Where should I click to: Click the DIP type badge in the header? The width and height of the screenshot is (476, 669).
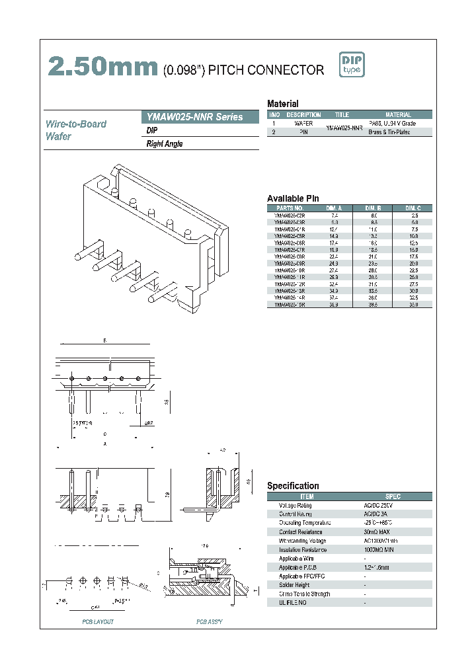(x=352, y=65)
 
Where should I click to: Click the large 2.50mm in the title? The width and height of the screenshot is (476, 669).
(x=103, y=67)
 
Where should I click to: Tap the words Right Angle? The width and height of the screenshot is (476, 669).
(x=164, y=144)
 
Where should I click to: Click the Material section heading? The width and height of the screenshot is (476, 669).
(x=282, y=104)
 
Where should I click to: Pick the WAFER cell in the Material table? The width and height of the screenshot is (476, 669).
(x=303, y=124)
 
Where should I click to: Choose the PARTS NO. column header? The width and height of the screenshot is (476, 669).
(x=289, y=208)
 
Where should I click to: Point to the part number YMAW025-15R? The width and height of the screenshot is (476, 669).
(x=289, y=305)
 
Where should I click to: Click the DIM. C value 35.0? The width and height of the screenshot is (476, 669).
(x=414, y=305)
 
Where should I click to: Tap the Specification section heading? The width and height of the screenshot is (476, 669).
(x=293, y=486)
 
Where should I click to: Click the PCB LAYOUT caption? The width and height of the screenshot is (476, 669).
(x=98, y=622)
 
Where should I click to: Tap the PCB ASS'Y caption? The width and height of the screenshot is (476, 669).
(x=210, y=622)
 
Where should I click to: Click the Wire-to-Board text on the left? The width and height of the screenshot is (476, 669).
(x=76, y=124)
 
